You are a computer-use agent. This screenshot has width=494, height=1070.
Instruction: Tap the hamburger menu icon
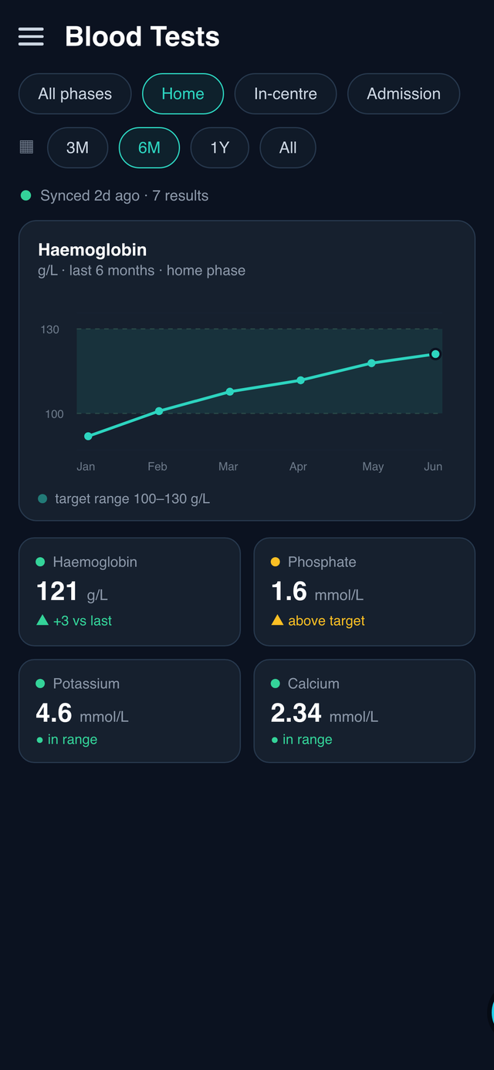pyautogui.click(x=31, y=37)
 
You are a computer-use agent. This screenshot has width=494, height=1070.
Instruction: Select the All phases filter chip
pyautogui.click(x=75, y=93)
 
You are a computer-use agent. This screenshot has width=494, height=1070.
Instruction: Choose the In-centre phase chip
pyautogui.click(x=286, y=93)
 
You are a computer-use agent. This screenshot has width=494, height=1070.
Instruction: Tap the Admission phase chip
pyautogui.click(x=403, y=93)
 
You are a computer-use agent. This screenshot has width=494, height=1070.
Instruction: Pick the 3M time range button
pyautogui.click(x=77, y=147)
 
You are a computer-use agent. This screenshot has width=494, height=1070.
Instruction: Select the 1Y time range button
pyautogui.click(x=220, y=147)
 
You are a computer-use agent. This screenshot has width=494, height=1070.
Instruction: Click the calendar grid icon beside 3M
pyautogui.click(x=26, y=147)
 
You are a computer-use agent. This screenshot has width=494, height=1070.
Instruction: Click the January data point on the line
pyautogui.click(x=88, y=436)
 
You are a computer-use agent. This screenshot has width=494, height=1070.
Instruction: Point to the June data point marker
pyautogui.click(x=435, y=354)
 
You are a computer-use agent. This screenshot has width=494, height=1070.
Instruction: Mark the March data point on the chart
pyautogui.click(x=230, y=392)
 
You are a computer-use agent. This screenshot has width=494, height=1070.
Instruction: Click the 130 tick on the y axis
pyautogui.click(x=49, y=329)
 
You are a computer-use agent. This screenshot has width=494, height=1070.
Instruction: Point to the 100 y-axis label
pyautogui.click(x=54, y=414)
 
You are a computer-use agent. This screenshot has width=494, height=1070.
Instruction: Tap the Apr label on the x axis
pyautogui.click(x=298, y=467)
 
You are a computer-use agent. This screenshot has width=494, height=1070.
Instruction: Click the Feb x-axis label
pyautogui.click(x=157, y=467)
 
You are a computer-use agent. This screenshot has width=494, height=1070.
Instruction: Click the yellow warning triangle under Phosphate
pyautogui.click(x=277, y=620)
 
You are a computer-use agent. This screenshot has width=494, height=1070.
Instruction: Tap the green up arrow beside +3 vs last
pyautogui.click(x=42, y=620)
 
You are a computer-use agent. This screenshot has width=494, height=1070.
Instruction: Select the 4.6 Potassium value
pyautogui.click(x=54, y=713)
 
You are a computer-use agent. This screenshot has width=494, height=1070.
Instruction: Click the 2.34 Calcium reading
pyautogui.click(x=296, y=713)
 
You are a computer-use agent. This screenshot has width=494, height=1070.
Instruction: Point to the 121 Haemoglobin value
pyautogui.click(x=57, y=592)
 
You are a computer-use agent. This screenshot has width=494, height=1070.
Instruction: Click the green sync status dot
pyautogui.click(x=25, y=195)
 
